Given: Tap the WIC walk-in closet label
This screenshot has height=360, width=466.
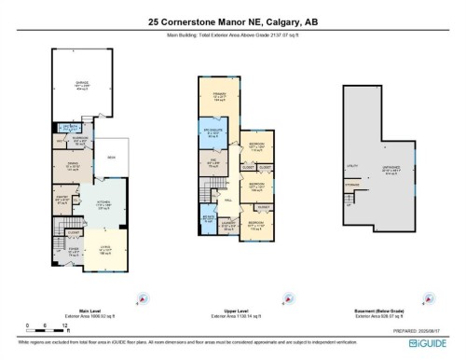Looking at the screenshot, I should point(212,162).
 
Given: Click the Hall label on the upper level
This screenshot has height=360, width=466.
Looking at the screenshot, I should point(228,199).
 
